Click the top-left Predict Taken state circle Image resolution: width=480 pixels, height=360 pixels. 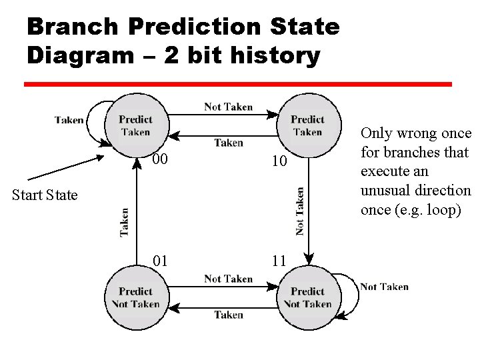click(x=136, y=126)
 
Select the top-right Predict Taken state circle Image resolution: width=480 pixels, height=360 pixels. click(x=307, y=126)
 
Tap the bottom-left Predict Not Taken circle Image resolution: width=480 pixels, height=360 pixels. click(x=136, y=298)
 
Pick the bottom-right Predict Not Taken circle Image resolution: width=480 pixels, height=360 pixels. click(x=307, y=298)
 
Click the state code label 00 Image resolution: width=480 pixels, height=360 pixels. click(x=160, y=159)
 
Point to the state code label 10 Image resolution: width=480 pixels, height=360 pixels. click(x=279, y=161)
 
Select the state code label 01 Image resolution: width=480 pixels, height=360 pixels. click(x=160, y=260)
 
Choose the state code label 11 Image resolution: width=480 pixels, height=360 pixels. click(x=279, y=260)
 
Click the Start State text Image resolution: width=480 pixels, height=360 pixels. click(x=45, y=195)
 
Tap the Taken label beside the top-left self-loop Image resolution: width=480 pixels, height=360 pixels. click(x=69, y=120)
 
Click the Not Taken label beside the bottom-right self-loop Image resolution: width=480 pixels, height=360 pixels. click(x=384, y=287)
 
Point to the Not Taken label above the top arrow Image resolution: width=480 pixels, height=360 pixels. click(x=228, y=107)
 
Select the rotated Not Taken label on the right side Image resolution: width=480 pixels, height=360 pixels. click(x=300, y=211)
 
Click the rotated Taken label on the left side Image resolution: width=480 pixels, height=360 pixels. click(x=125, y=223)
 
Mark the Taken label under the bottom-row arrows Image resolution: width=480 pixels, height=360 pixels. click(x=228, y=315)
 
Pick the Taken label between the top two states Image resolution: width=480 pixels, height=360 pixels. click(x=228, y=143)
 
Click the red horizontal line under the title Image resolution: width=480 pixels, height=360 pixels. click(x=238, y=85)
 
